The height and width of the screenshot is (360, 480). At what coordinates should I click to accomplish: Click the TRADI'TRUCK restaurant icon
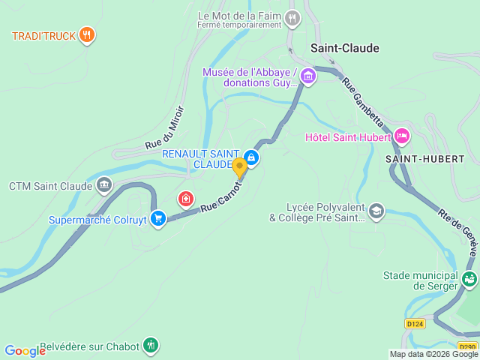tap(88, 34)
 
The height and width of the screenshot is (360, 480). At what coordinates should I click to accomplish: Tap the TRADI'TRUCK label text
tap(42, 35)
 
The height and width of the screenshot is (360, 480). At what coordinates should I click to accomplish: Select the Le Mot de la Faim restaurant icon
tap(292, 17)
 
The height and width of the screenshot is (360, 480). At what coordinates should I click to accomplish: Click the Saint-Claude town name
tap(345, 48)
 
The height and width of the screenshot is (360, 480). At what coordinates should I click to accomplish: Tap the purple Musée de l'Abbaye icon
tap(309, 76)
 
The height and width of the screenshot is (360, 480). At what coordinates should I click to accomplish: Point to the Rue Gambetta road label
tap(364, 100)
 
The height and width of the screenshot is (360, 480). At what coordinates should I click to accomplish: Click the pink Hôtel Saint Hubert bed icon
tap(402, 136)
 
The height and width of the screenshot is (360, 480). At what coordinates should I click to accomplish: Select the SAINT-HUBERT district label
tap(425, 159)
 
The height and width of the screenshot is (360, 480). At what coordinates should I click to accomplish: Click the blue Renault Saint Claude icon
tap(252, 157)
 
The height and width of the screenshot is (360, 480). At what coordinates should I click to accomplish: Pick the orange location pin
tap(239, 167)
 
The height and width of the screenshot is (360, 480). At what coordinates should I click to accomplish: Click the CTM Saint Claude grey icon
tap(104, 184)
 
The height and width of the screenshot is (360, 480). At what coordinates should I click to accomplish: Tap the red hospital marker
tap(184, 199)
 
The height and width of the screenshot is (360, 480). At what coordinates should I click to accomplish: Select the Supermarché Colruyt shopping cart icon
tap(157, 218)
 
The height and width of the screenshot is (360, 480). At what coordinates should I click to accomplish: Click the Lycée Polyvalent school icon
tap(376, 211)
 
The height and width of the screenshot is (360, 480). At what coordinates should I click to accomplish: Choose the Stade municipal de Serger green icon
tap(469, 280)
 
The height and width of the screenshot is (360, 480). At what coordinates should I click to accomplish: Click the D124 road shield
tap(414, 324)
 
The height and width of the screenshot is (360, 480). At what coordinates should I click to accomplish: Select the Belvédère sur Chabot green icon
tap(151, 345)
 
